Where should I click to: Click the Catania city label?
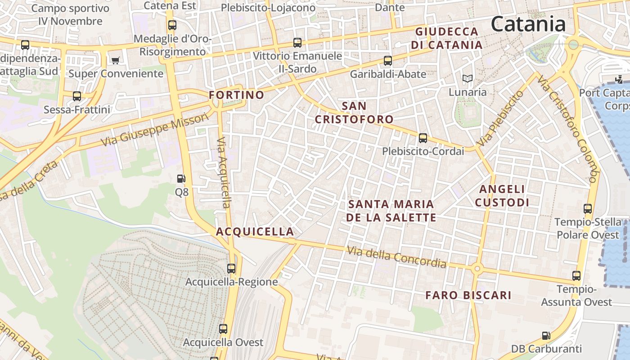pos(528,23)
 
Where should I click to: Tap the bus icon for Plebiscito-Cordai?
pos(423,138)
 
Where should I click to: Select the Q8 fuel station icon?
pos(181,179)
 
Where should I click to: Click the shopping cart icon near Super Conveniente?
pos(115,60)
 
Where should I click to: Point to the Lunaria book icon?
pos(468,79)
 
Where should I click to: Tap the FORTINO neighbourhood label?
pos(236,95)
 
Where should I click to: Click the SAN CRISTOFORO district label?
pos(354,112)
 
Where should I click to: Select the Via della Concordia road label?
pos(396,257)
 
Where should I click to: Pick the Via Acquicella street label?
pos(224,173)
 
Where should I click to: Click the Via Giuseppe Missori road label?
pos(155,130)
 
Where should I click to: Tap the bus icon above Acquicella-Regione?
pos(231,269)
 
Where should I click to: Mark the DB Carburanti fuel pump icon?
pos(546,335)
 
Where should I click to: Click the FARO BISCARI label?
pos(468,295)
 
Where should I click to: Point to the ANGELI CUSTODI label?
pos(502,196)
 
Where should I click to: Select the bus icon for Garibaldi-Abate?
pos(387,60)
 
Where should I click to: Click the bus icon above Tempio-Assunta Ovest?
pos(576,276)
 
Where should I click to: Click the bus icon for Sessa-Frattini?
pos(77,96)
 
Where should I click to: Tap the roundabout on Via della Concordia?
pos(477,269)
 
